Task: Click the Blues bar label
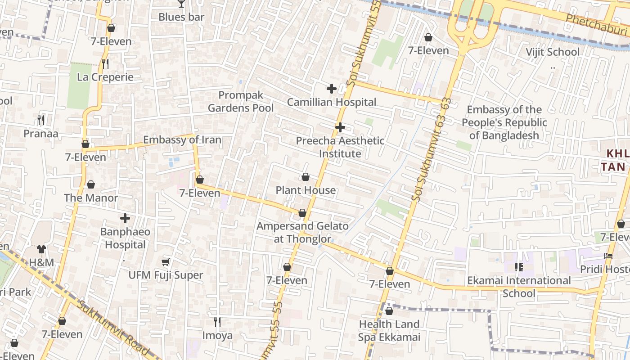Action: click(x=181, y=17)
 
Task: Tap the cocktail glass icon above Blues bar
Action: click(x=181, y=4)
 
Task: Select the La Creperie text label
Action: click(x=105, y=77)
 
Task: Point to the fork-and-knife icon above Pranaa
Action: click(x=41, y=120)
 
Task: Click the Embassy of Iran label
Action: click(x=182, y=140)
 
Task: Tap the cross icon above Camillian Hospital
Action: click(x=332, y=89)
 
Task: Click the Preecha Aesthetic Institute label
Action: click(x=340, y=147)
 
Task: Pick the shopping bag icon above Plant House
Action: click(x=306, y=177)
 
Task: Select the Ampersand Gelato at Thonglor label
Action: click(x=302, y=232)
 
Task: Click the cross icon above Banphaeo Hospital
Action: click(x=125, y=219)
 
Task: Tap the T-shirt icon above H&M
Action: click(x=41, y=249)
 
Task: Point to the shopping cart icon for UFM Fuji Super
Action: click(x=166, y=262)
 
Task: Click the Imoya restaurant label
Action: click(x=217, y=335)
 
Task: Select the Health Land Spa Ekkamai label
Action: click(x=389, y=330)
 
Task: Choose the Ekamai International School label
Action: click(x=519, y=287)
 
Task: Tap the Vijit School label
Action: click(x=553, y=52)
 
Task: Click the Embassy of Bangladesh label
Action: click(x=504, y=122)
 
